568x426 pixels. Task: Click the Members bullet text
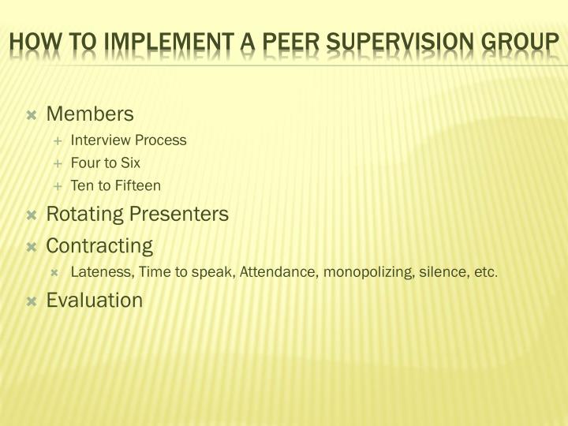pyautogui.click(x=90, y=114)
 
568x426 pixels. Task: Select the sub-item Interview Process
pyautogui.click(x=129, y=140)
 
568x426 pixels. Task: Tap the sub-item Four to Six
pyautogui.click(x=106, y=163)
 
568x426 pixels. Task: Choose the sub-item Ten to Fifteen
pyautogui.click(x=115, y=186)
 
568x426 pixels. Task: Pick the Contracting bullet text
pyautogui.click(x=99, y=245)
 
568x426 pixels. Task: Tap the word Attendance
pyautogui.click(x=276, y=273)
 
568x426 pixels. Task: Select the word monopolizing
pyautogui.click(x=362, y=273)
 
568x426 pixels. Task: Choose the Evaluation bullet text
pyautogui.click(x=95, y=301)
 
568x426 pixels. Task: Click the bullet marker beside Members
pyautogui.click(x=32, y=115)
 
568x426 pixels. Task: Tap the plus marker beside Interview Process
pyautogui.click(x=58, y=141)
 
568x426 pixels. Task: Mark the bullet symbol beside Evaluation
pyautogui.click(x=32, y=301)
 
